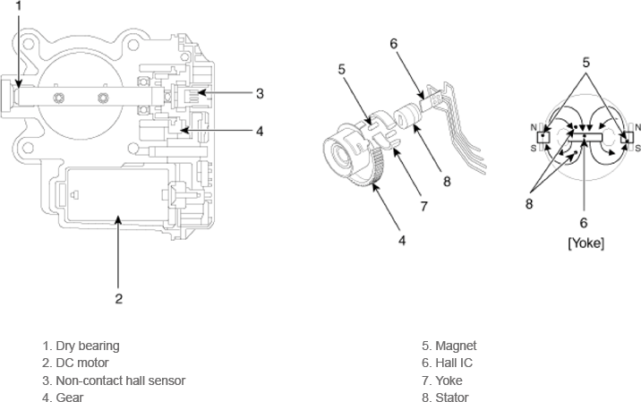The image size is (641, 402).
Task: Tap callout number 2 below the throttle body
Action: (117, 299)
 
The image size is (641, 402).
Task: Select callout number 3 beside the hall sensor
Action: (260, 92)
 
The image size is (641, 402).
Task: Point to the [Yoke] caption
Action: (585, 244)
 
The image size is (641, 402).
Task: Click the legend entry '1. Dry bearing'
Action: (81, 346)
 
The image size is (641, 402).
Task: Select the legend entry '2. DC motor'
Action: (75, 363)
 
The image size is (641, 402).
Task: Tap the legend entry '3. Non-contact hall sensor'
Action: (114, 381)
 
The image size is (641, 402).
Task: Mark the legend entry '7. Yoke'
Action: (444, 381)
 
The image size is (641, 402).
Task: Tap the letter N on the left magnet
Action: (534, 127)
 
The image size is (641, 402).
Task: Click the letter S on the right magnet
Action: (637, 148)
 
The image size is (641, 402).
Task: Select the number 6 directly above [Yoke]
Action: (584, 223)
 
